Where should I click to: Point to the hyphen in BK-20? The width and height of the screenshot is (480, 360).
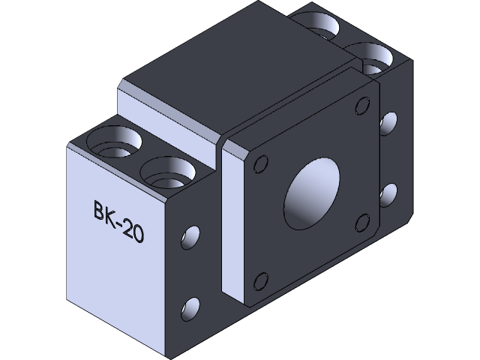pyautogui.click(x=122, y=223)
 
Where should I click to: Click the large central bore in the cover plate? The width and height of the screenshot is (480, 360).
pyautogui.click(x=311, y=194)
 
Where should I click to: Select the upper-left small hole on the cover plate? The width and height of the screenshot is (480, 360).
pyautogui.click(x=262, y=163)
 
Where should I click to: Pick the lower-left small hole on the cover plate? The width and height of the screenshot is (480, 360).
pyautogui.click(x=260, y=281)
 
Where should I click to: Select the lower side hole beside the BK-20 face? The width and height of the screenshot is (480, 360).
pyautogui.click(x=191, y=307)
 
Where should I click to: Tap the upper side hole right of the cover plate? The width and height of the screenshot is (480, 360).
pyautogui.click(x=388, y=121)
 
